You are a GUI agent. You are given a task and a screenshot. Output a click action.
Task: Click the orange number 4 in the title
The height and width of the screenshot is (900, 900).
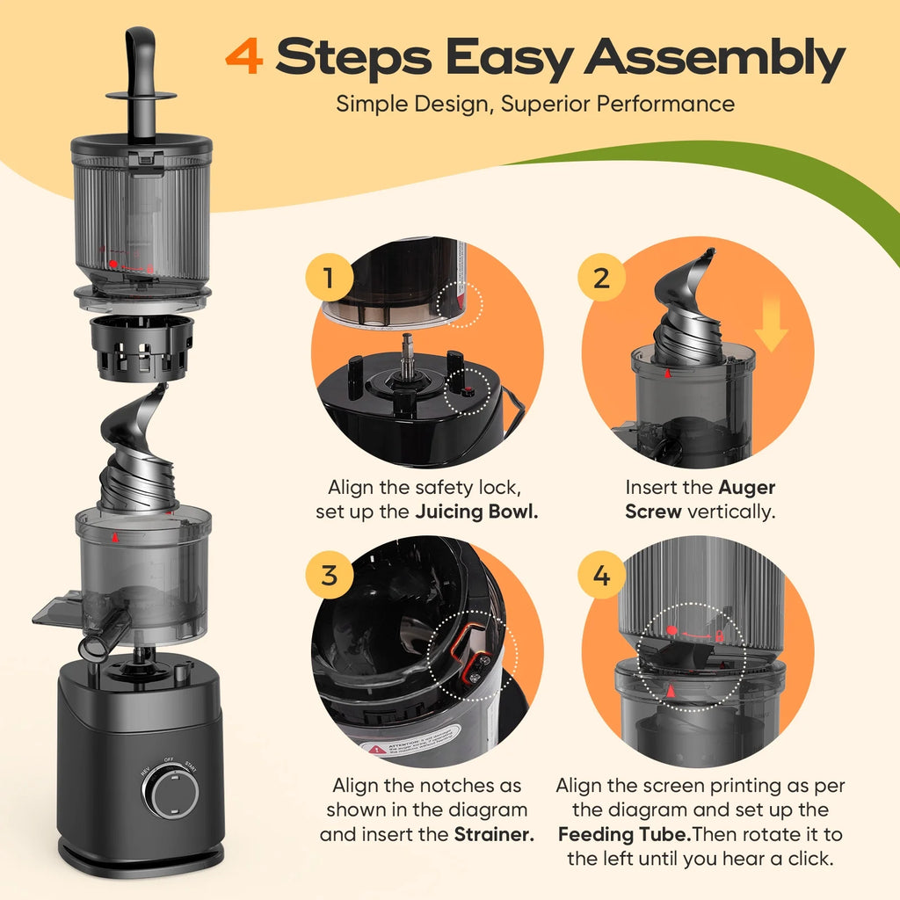pyautogui.click(x=243, y=58)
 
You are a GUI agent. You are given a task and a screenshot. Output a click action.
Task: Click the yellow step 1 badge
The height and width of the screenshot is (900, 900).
pyautogui.click(x=327, y=279)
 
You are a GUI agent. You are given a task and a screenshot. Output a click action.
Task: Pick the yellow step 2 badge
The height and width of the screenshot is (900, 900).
pyautogui.click(x=601, y=279)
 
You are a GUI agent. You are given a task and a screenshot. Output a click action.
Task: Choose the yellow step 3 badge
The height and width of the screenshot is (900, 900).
pyautogui.click(x=328, y=577)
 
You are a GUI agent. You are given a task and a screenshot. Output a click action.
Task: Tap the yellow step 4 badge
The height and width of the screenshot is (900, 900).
pyautogui.click(x=601, y=577)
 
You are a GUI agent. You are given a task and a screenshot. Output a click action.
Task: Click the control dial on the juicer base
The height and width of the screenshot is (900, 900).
pyautogui.click(x=171, y=793)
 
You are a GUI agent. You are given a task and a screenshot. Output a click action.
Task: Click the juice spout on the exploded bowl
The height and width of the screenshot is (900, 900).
pyautogui.click(x=94, y=646)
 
